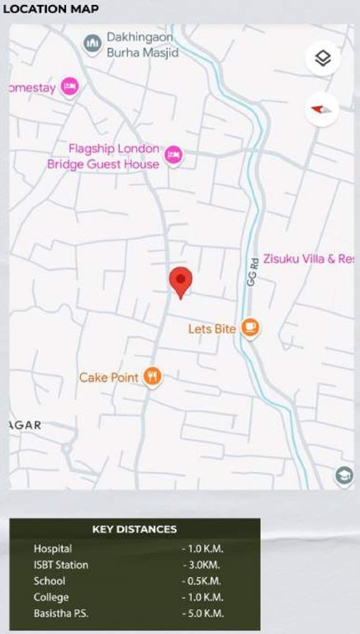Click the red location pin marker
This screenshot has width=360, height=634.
181,282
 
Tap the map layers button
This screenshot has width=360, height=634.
323,59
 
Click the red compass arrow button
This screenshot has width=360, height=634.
323,108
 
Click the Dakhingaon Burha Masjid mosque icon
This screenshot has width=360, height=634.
92,41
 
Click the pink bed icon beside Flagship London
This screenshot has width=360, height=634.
173,154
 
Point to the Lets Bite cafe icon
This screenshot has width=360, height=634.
249,329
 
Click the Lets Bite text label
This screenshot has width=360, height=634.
212,329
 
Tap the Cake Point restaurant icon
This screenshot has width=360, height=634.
152,376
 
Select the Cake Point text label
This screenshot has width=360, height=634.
109,377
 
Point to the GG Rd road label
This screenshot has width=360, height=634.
253,272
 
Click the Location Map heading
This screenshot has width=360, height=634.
51,9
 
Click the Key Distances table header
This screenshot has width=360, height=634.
135,529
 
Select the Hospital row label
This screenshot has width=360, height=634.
53,548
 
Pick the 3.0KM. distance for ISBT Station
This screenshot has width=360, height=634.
202,565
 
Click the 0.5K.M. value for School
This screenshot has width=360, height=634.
202,580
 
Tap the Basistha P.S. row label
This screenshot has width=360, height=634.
62,613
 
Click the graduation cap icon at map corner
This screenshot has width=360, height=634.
343,475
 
